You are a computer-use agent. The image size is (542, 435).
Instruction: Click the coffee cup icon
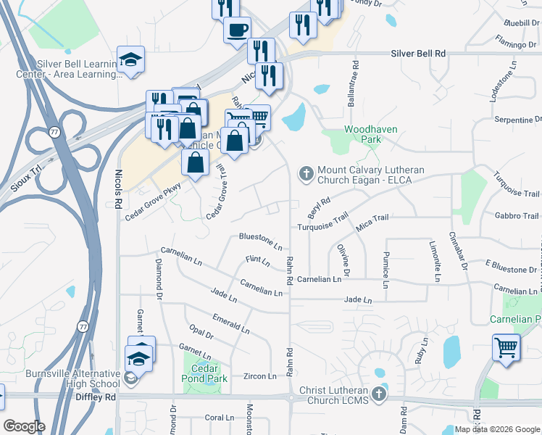pyautogui.click(x=237, y=30)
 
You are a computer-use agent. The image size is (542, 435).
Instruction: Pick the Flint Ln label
pyautogui.click(x=257, y=260)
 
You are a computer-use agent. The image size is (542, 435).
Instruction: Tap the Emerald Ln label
pyautogui.click(x=230, y=324)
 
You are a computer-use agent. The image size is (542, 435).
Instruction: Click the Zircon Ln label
pyautogui.click(x=259, y=376)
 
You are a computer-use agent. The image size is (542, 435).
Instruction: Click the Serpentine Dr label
pyautogui.click(x=517, y=119)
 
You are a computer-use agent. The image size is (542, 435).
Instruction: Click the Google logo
pyautogui.click(x=24, y=426)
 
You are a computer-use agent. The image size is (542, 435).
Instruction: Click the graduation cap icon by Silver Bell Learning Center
pyautogui.click(x=131, y=59)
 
